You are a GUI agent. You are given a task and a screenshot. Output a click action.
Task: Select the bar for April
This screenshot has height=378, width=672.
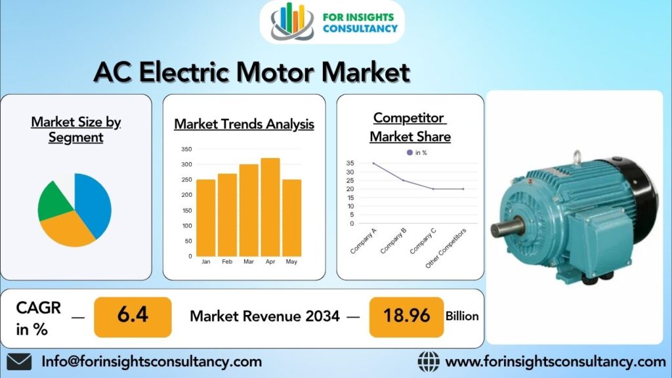270,207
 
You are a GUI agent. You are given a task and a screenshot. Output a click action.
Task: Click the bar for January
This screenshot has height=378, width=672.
205,218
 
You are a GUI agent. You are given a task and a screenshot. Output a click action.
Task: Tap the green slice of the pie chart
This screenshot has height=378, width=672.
54,201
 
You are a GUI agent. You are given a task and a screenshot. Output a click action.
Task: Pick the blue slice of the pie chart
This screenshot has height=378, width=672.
93,203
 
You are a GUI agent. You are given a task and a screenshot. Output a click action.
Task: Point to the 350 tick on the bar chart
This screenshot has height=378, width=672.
186,149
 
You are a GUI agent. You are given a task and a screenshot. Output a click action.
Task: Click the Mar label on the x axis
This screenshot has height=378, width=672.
249,261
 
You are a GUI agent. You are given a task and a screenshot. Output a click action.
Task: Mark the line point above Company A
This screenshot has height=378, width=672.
373,163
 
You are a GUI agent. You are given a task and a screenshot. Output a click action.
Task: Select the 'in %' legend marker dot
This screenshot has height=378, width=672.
409,152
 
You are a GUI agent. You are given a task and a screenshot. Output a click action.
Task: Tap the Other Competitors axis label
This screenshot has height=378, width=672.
446,249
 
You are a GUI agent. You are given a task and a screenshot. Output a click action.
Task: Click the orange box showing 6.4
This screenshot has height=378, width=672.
133,317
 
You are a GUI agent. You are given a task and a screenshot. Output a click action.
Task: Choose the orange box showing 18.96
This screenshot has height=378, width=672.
406,317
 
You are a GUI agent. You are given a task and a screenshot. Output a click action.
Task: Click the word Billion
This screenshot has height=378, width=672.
462,316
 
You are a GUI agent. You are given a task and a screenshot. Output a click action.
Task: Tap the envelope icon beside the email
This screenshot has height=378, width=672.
19,362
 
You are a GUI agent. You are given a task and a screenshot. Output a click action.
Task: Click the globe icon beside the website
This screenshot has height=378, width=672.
429,362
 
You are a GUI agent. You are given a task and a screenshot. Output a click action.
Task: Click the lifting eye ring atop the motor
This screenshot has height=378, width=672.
577,156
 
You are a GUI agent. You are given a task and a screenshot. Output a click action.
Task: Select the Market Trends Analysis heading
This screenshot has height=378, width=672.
244,124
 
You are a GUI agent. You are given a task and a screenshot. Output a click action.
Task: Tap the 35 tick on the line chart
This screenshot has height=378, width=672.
350,163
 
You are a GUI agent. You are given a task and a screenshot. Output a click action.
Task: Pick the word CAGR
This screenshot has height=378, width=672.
39,308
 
